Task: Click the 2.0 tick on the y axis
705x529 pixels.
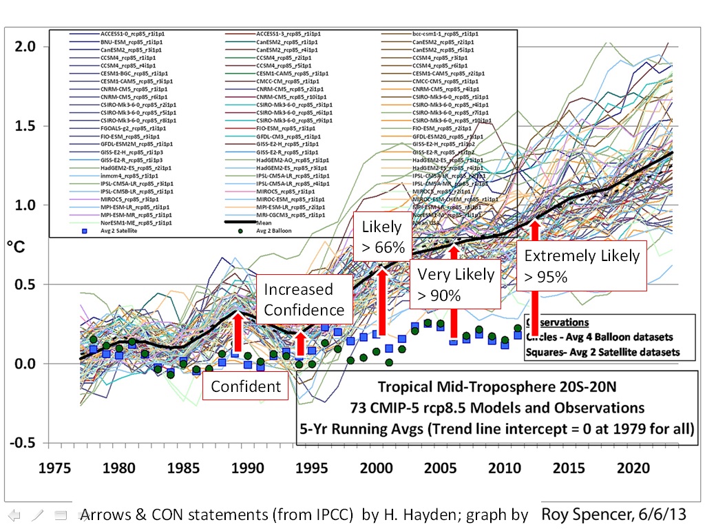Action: pos(26,47)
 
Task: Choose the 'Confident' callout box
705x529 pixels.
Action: pos(246,386)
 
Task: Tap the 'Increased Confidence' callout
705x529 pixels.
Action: pos(304,300)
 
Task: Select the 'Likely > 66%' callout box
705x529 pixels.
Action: pos(379,237)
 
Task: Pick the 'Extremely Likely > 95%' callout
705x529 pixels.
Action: pos(582,266)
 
